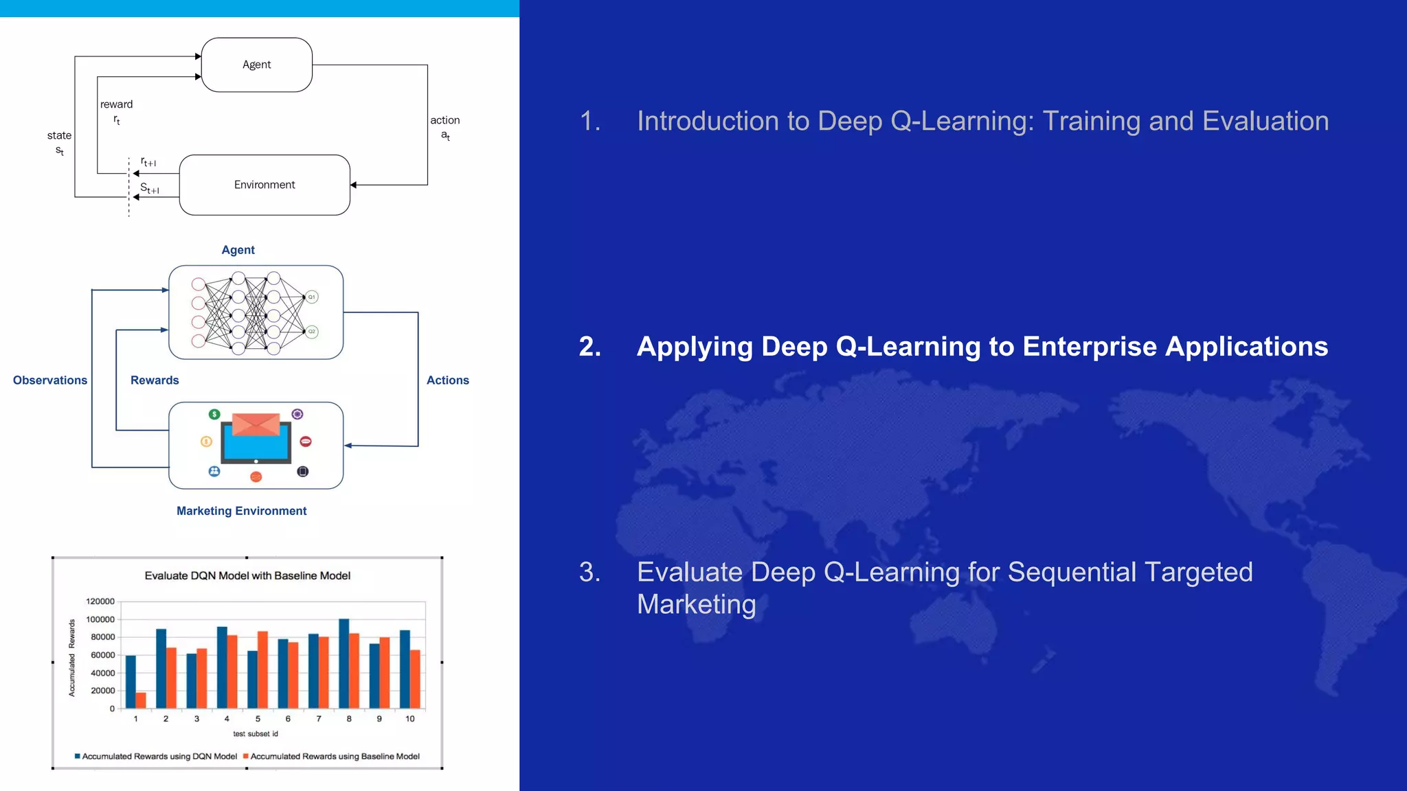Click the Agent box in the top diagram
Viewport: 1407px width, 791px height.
tap(256, 65)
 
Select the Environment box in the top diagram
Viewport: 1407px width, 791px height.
tap(264, 185)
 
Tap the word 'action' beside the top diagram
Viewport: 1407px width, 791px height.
tap(444, 120)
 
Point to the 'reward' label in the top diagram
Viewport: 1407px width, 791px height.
tap(116, 104)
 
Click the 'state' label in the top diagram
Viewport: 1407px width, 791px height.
tap(59, 135)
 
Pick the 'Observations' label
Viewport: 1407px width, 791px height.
tap(50, 380)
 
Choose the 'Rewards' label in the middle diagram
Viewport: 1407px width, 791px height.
tap(155, 380)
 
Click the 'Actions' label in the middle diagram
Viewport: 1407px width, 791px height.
tap(447, 380)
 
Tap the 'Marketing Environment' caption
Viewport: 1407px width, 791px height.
tap(241, 511)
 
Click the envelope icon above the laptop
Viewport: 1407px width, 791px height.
tap(256, 424)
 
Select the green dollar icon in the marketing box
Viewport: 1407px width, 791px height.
tap(214, 414)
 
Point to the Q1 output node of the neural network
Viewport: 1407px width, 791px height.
tap(311, 297)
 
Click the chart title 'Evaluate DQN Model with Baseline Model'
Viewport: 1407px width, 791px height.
tap(247, 575)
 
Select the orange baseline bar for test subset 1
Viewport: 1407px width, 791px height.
tap(141, 700)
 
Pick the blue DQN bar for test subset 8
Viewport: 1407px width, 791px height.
tap(344, 663)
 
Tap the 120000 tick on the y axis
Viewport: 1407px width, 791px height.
tap(100, 601)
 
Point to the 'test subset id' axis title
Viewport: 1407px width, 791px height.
tap(256, 734)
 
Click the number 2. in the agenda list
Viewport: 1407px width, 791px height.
tap(589, 347)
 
